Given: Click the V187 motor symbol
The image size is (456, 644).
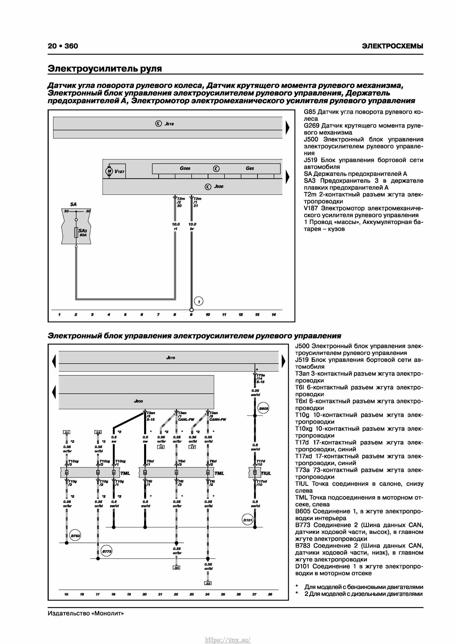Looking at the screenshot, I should click(x=109, y=171).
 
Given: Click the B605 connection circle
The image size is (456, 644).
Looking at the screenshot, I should click(x=263, y=409).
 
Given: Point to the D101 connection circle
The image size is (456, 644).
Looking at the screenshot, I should click(x=248, y=520).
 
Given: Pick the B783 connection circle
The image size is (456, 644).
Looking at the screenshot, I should click(x=75, y=535).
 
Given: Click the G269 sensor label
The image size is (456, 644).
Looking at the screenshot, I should click(x=185, y=168).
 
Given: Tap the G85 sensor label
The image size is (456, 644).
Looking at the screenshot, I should click(x=250, y=168).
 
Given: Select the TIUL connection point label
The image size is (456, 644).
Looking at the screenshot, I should click(x=266, y=473).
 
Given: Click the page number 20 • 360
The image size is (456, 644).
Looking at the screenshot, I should click(x=63, y=46).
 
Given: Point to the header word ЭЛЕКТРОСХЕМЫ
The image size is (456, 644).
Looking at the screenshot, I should click(x=392, y=46).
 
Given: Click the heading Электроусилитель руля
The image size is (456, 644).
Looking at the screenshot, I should click(x=105, y=68).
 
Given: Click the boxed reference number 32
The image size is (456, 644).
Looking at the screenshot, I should click(x=208, y=583).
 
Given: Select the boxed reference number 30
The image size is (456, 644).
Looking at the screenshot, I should click(x=176, y=567).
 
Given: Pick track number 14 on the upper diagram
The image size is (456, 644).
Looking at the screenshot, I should click(x=274, y=315).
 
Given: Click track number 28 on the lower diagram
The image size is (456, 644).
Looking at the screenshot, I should click(x=270, y=594).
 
